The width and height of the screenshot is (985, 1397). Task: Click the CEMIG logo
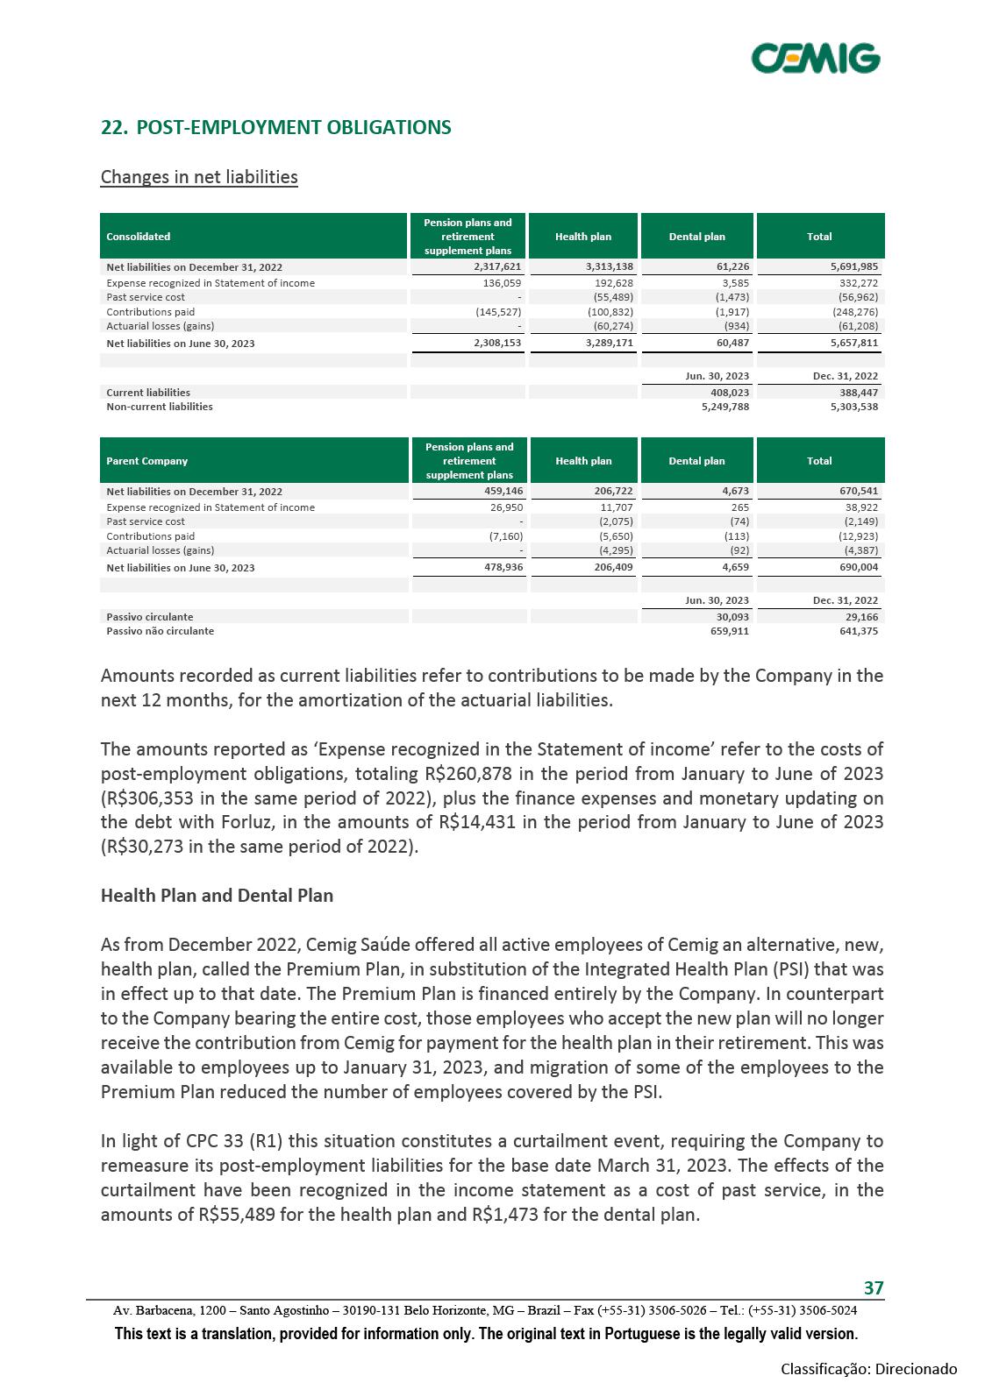click(816, 58)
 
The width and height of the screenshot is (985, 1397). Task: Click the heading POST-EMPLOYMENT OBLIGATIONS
click(276, 127)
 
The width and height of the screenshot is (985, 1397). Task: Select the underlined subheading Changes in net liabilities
click(199, 177)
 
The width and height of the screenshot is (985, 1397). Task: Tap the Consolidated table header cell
click(139, 237)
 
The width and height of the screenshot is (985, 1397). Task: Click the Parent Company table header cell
click(146, 461)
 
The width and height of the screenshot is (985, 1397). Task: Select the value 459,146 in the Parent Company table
click(497, 492)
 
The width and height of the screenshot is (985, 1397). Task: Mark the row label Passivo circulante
click(149, 617)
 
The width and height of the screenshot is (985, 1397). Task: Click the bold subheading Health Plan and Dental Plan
click(217, 896)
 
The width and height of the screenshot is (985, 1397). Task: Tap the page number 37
click(874, 1287)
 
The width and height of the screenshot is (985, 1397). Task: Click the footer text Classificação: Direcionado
click(868, 1369)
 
